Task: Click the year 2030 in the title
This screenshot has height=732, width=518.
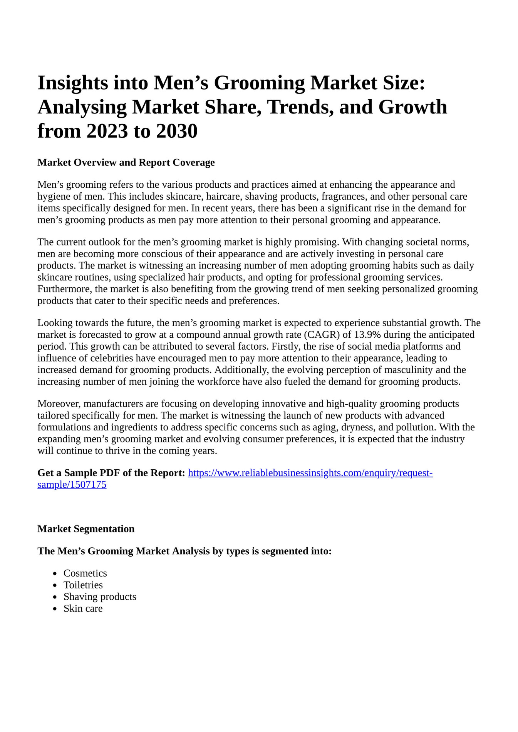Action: pos(177,131)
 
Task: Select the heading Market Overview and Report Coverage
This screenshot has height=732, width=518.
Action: pos(126,162)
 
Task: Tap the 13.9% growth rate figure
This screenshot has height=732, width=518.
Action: pos(367,335)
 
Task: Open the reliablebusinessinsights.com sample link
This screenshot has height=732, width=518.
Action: pos(310,473)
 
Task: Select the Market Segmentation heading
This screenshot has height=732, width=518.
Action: pos(86,529)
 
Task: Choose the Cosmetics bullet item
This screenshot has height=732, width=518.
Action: pos(85,573)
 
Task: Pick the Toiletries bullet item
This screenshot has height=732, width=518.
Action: pos(83,585)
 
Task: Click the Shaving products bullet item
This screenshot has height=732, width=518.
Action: pos(100,597)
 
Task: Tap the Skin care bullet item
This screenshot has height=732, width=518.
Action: pos(83,609)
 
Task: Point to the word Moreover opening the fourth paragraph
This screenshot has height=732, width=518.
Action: pos(59,404)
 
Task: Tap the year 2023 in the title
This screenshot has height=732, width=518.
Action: pos(107,131)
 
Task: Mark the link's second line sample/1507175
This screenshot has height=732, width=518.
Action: pos(72,485)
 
